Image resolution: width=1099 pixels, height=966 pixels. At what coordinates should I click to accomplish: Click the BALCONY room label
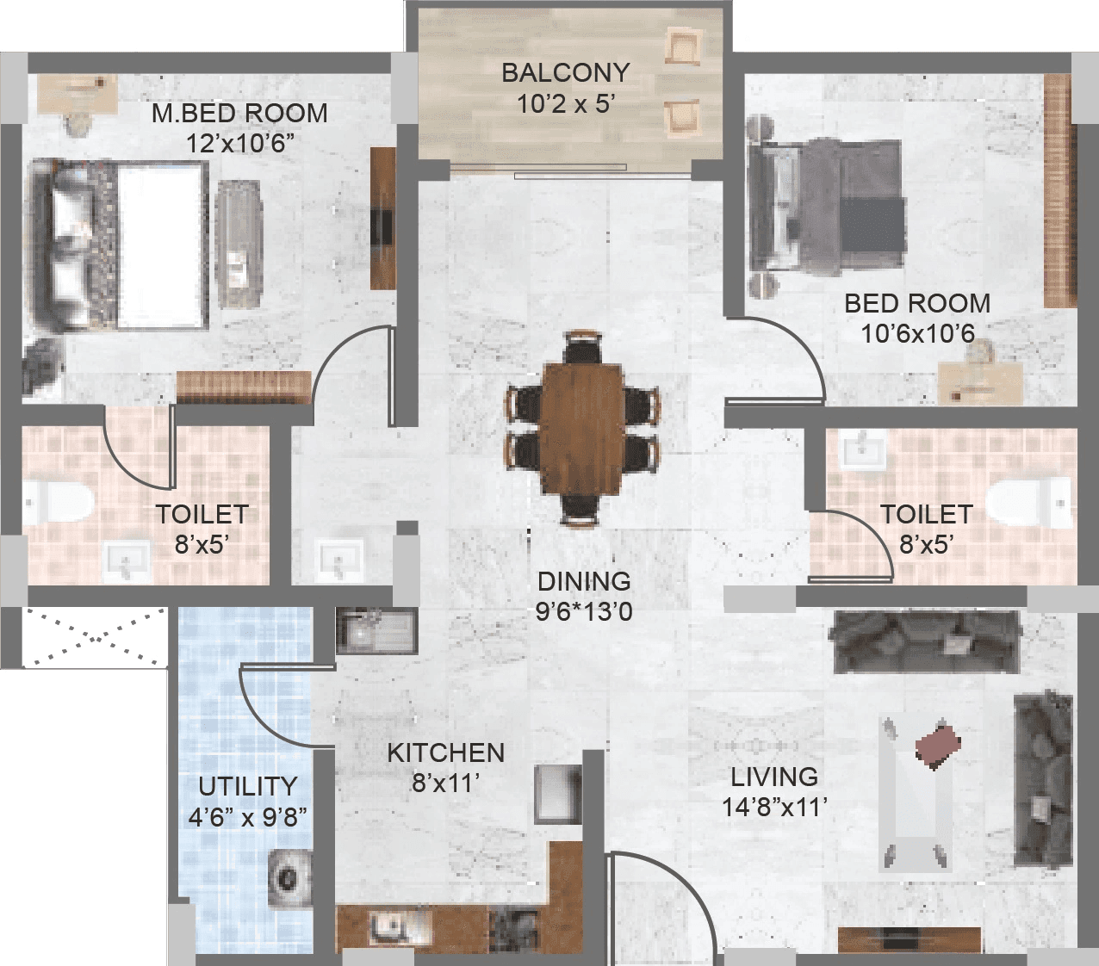coord(565,72)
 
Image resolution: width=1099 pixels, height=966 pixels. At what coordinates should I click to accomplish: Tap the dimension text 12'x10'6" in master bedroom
coord(240,143)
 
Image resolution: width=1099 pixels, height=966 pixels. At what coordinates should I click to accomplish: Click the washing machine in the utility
coord(289,878)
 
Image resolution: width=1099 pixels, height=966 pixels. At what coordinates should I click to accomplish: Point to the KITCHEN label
coord(445,752)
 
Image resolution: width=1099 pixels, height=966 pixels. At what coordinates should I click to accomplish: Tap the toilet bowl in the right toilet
coord(1030,502)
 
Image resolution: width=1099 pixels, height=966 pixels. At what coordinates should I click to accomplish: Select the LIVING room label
coord(774,777)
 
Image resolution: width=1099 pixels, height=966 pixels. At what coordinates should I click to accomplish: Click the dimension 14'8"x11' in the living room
coord(774,807)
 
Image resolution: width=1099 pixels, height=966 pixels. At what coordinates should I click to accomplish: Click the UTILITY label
coord(247,786)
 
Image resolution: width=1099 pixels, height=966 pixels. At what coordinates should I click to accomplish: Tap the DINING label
coord(583,581)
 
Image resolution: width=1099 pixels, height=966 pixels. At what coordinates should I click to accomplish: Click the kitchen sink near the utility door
coord(376,633)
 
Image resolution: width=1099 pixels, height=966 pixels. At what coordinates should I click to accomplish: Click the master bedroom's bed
coord(121,245)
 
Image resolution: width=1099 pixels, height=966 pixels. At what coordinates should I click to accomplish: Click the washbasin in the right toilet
coord(862,450)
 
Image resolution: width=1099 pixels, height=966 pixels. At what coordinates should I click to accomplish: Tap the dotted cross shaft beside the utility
coord(95,637)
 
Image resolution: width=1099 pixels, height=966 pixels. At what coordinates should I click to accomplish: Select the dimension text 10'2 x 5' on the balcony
coord(565,103)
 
